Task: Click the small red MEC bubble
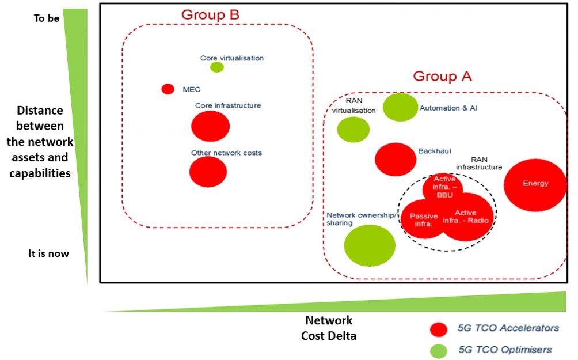(168, 89)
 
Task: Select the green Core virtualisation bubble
(217, 67)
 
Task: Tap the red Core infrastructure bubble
(211, 126)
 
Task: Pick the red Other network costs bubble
(208, 172)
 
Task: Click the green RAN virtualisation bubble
(353, 130)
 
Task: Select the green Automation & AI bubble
(400, 107)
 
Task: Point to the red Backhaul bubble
(396, 159)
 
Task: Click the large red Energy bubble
(535, 185)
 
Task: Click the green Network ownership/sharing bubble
(370, 245)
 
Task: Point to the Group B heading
(210, 14)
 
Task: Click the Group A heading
(442, 77)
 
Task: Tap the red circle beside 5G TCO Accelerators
(439, 329)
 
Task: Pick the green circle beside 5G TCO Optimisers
(439, 350)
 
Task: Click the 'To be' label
(45, 18)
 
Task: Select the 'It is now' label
(48, 253)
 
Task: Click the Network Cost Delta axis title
(329, 328)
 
